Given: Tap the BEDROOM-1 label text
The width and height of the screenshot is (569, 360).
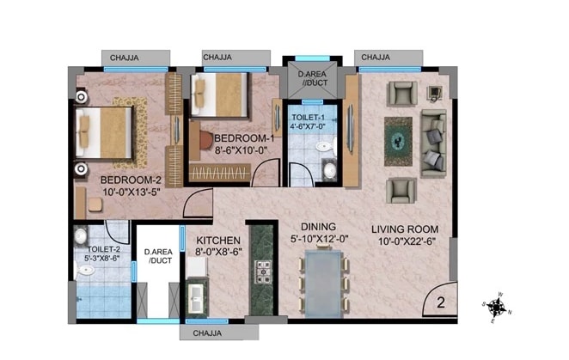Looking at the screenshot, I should (x=244, y=138).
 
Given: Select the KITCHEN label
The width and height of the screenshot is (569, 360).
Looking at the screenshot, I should (x=218, y=241).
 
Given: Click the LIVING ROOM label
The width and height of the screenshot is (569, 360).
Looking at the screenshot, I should (x=405, y=229).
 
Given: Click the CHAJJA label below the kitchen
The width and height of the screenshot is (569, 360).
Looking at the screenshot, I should (x=205, y=333).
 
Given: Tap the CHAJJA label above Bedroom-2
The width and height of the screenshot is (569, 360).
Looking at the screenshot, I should (x=126, y=58).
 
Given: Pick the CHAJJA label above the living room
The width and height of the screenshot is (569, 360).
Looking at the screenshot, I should (x=375, y=58).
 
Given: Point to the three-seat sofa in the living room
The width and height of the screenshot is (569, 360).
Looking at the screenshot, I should (x=434, y=142).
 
